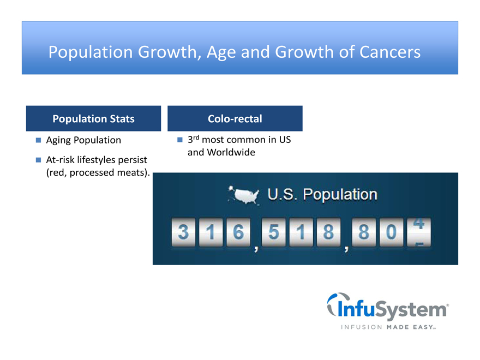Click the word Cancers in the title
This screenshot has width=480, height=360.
coord(389,52)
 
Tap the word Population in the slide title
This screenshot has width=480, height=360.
coord(91,52)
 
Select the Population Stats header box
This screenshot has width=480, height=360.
coord(93,118)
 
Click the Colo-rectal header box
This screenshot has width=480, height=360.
coord(235,118)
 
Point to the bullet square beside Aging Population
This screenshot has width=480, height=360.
coord(38,140)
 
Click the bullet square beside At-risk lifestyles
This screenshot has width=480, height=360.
coord(38,160)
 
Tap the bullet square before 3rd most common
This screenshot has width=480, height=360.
coord(180,140)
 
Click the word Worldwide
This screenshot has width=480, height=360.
coord(231,152)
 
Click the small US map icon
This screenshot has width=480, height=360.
coord(244,195)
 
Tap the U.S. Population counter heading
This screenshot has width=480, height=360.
coord(322,194)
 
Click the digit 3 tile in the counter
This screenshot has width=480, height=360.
coord(183,232)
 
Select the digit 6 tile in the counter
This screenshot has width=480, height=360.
coord(238,232)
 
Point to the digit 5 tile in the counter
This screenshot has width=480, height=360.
coord(274,232)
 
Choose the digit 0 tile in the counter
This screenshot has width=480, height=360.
coord(391,232)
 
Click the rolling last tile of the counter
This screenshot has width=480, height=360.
coord(419,232)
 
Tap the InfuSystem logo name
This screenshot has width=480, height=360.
coord(388,307)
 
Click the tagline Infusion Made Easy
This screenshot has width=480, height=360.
coord(388,327)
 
